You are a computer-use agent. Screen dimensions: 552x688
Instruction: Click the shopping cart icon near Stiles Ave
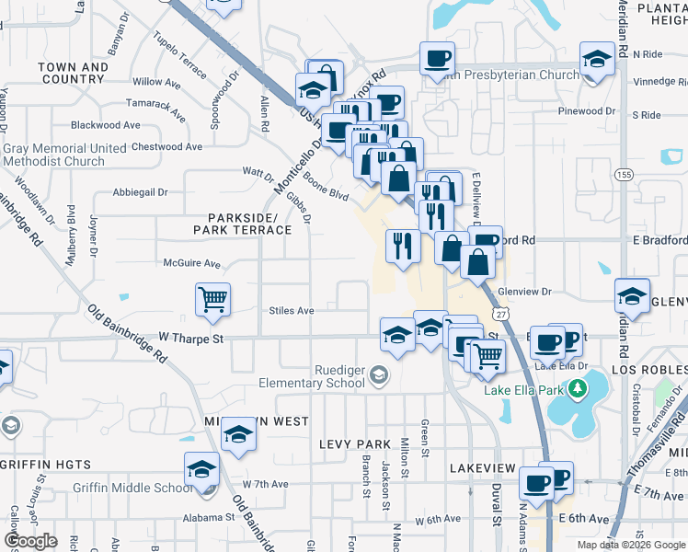coord(212,299)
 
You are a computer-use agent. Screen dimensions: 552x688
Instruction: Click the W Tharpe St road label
coord(191,339)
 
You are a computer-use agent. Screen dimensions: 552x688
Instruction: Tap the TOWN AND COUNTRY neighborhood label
coord(74,74)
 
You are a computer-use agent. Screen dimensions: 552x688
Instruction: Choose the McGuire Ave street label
coord(191,263)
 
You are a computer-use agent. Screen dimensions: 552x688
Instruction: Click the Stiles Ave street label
coord(292,311)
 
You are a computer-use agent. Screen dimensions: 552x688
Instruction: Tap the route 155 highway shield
coord(625,175)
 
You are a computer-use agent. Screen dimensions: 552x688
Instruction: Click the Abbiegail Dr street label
coord(140,193)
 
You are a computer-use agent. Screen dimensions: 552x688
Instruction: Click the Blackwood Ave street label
coord(105,125)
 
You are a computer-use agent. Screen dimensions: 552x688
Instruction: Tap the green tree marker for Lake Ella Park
coord(577,389)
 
